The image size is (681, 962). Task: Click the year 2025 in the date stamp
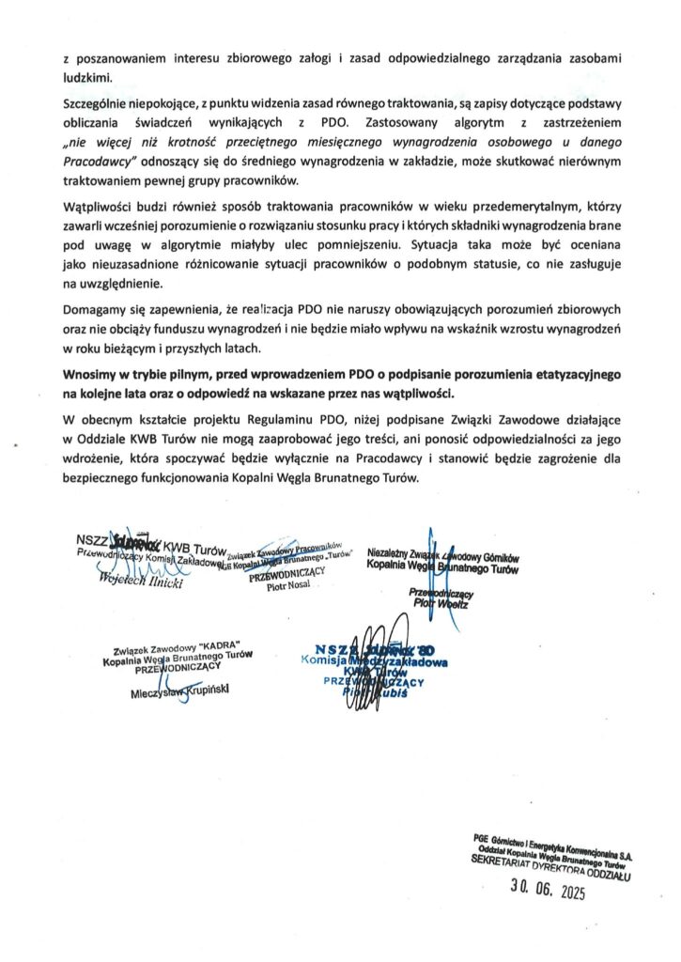click(x=565, y=892)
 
